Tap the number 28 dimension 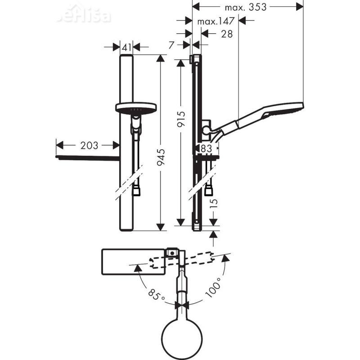pos(227,34)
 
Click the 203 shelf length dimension pos(89,145)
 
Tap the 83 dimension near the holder pos(207,148)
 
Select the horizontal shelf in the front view pos(87,158)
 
